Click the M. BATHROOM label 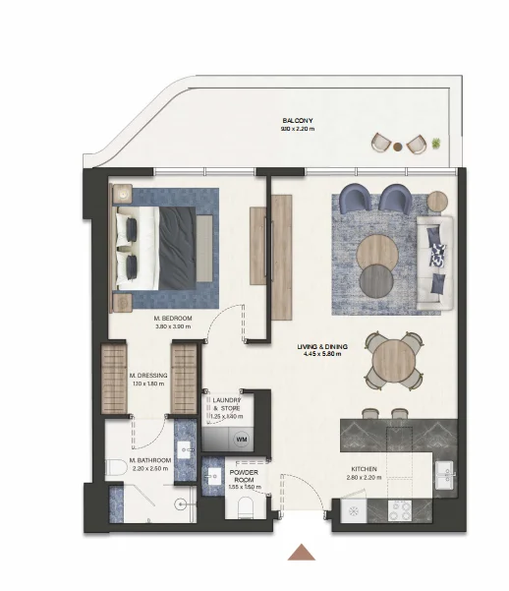pos(150,460)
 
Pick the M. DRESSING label pos(148,375)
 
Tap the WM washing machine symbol pos(240,439)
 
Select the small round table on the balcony pos(397,148)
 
